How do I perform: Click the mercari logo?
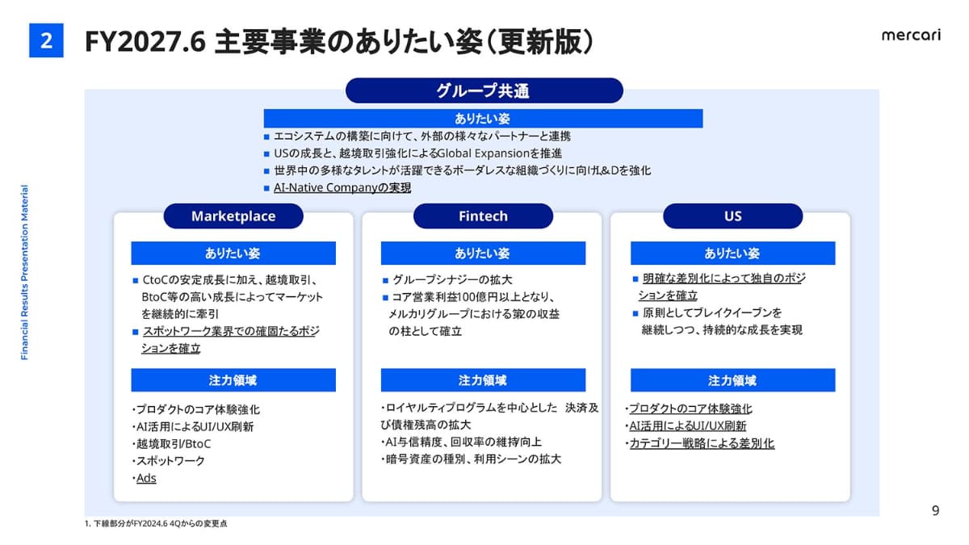pyautogui.click(x=911, y=35)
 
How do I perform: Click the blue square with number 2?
pyautogui.click(x=46, y=40)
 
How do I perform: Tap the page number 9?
pyautogui.click(x=935, y=511)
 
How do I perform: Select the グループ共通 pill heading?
pyautogui.click(x=484, y=90)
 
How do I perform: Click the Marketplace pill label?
pyautogui.click(x=233, y=216)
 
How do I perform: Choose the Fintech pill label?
pyautogui.click(x=483, y=216)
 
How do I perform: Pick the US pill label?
pyautogui.click(x=733, y=216)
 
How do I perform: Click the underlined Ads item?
pyautogui.click(x=146, y=478)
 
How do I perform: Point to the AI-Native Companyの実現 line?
pyautogui.click(x=342, y=187)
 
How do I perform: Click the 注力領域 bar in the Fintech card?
pyautogui.click(x=483, y=380)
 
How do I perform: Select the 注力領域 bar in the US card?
pyautogui.click(x=733, y=380)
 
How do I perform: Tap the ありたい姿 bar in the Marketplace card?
pyautogui.click(x=233, y=253)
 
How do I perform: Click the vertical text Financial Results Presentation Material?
pyautogui.click(x=25, y=273)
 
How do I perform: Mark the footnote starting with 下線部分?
pyautogui.click(x=156, y=524)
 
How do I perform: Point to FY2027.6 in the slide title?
pyautogui.click(x=145, y=41)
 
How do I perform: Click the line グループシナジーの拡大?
pyautogui.click(x=452, y=280)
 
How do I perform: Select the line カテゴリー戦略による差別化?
pyautogui.click(x=702, y=443)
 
